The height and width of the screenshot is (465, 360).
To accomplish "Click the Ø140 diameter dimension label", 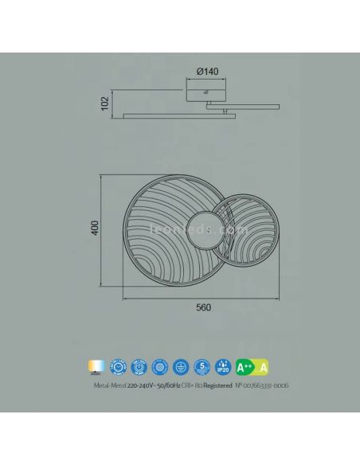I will click(206, 72).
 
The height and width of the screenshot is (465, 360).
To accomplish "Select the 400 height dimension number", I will click(94, 228).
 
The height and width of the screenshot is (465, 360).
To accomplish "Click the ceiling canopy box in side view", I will click(206, 95).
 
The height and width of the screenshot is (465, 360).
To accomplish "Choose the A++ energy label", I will click(244, 365).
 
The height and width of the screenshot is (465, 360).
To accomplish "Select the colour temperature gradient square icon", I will click(97, 365).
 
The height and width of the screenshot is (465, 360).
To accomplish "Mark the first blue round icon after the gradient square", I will click(118, 365).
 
